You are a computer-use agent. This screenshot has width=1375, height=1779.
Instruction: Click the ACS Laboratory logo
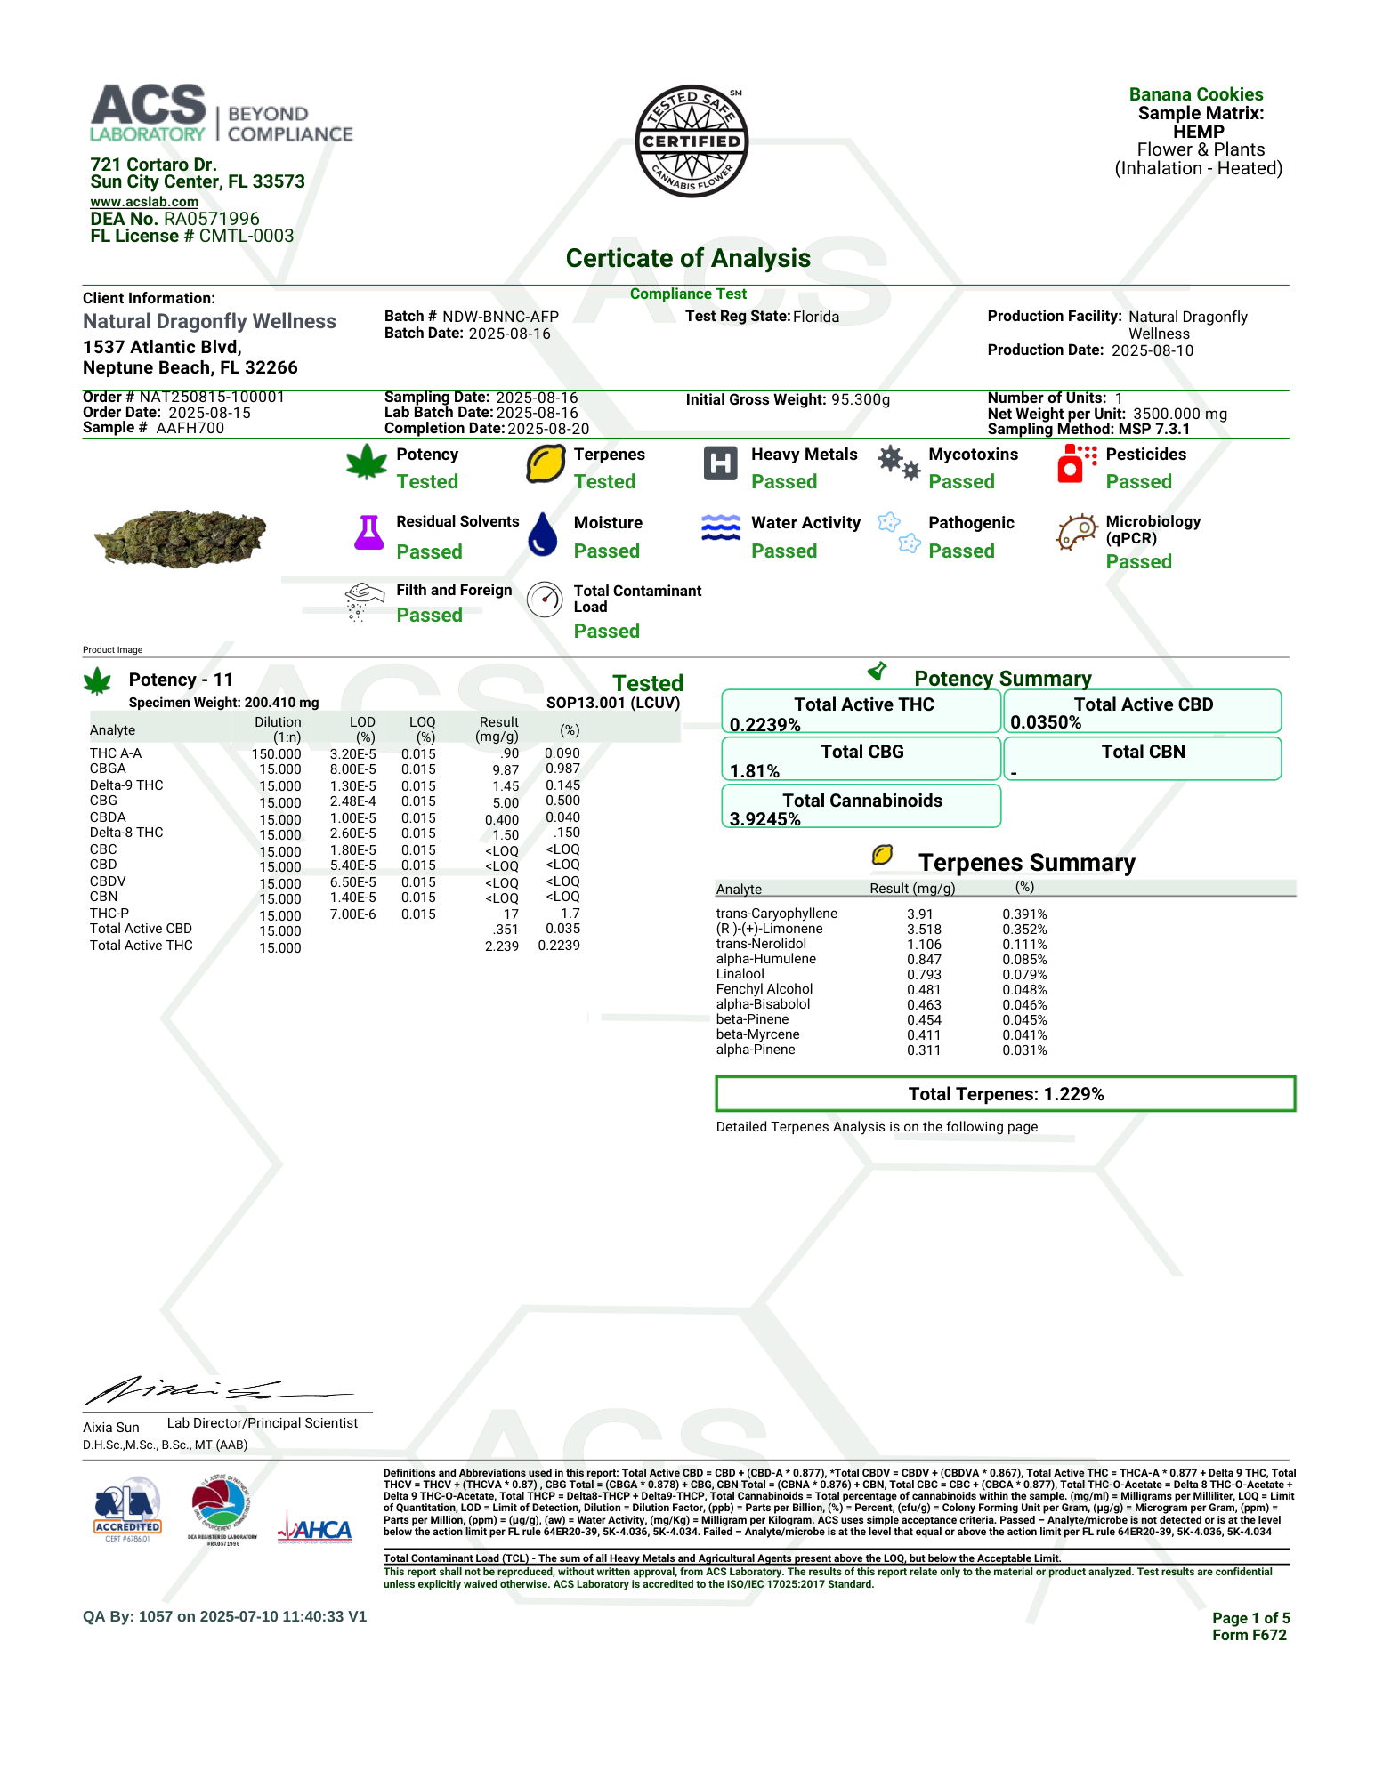(221, 114)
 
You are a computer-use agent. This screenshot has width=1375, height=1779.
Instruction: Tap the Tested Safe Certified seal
(692, 141)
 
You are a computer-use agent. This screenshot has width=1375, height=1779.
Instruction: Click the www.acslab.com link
(144, 202)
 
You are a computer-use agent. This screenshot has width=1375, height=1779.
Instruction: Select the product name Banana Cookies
(1195, 94)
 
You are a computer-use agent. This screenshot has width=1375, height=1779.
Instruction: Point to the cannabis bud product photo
(181, 538)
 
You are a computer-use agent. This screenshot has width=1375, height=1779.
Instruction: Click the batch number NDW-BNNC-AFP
(500, 317)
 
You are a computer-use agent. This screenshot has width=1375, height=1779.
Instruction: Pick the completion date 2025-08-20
(548, 429)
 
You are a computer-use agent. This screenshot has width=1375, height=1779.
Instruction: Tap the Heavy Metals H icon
(720, 463)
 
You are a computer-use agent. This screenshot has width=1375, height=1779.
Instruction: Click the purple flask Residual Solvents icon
(368, 533)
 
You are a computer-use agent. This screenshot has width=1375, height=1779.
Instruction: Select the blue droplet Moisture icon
(543, 534)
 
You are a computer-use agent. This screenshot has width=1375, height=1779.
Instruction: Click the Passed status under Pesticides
(1138, 482)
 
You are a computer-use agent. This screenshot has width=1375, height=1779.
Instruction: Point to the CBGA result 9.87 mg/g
(506, 770)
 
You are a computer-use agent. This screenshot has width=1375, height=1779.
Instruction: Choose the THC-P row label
(109, 914)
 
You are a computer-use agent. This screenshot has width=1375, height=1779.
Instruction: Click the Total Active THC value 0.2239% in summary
(765, 725)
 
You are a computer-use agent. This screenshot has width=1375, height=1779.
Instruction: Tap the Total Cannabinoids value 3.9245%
(765, 819)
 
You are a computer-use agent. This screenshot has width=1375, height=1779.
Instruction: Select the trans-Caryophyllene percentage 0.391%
(1024, 914)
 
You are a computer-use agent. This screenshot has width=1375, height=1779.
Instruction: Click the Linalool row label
(740, 974)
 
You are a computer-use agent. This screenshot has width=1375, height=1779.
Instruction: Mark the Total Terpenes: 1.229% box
(1005, 1094)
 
